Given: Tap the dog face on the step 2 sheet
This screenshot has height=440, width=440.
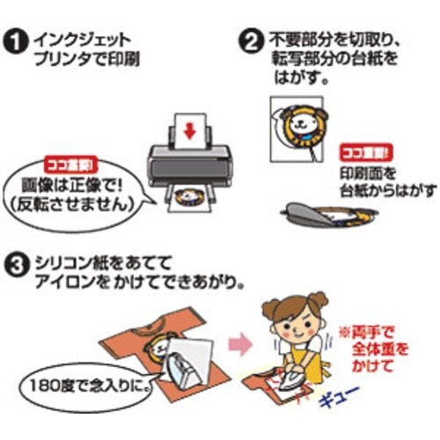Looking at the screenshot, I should click(x=304, y=122).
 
